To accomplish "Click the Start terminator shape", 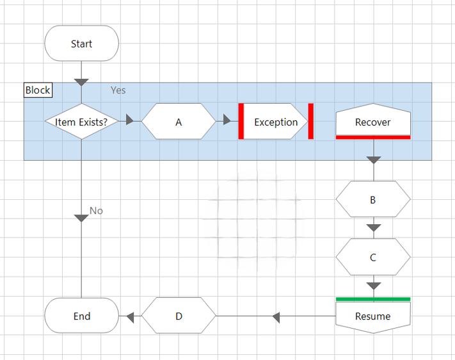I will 81,44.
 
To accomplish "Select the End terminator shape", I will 81,316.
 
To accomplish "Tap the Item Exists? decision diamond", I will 81,122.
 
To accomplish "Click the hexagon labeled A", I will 179,122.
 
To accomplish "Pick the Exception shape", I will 276,122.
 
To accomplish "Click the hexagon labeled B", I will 373,200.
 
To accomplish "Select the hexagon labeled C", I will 373,258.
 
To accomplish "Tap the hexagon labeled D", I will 179,316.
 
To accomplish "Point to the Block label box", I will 38,90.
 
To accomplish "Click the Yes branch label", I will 118,90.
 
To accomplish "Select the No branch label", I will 96,211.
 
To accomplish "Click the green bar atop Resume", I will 373,299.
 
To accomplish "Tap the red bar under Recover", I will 373,137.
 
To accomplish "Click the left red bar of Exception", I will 242,121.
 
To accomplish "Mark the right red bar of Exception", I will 310,121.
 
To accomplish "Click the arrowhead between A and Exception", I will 227,120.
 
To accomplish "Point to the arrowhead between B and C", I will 374,228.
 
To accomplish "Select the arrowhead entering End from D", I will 130,316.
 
